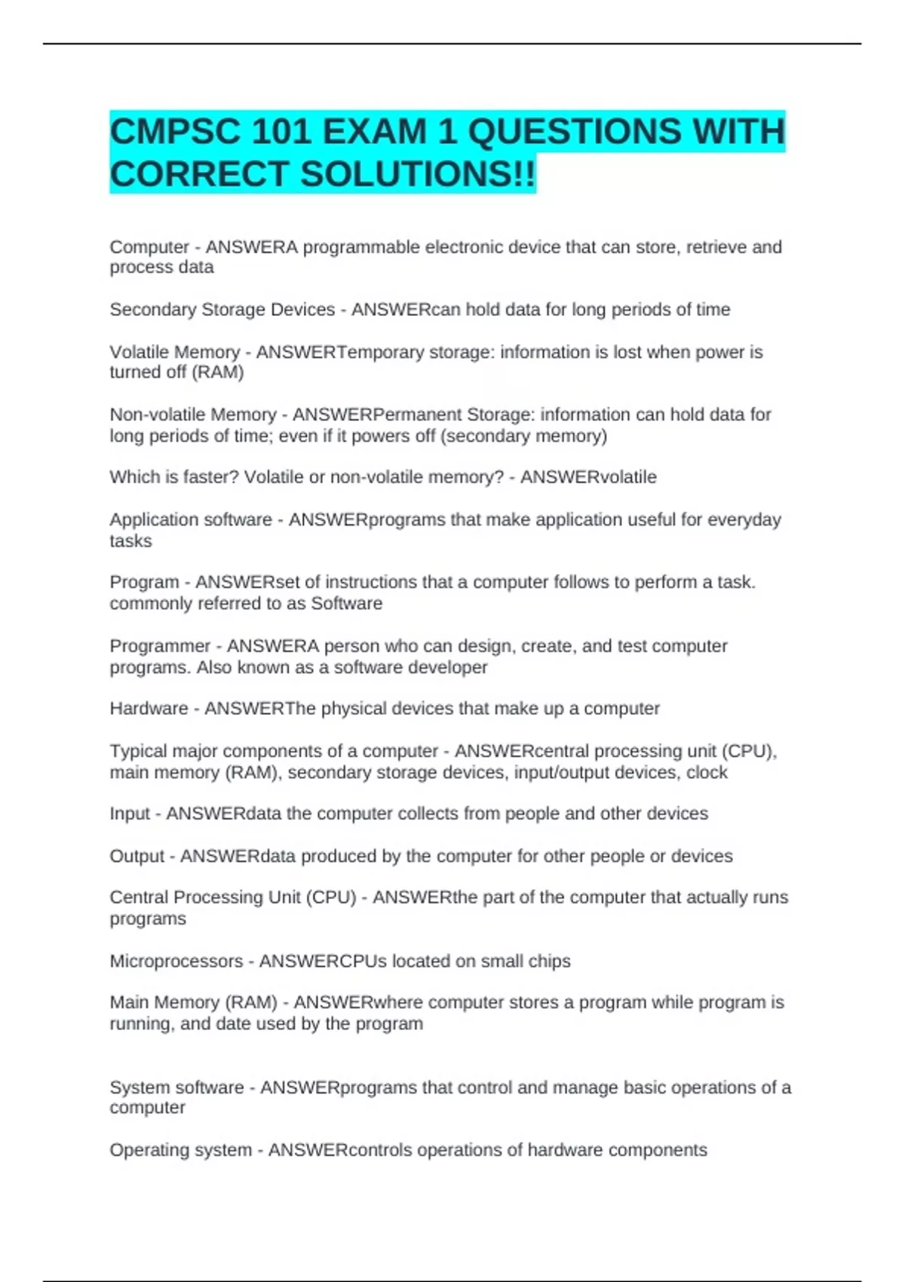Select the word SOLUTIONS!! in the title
click(419, 174)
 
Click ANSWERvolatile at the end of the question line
click(588, 477)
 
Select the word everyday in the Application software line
click(744, 520)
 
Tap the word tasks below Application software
click(130, 541)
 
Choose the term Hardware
click(149, 708)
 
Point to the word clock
click(707, 772)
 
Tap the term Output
click(137, 856)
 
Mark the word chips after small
click(549, 961)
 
